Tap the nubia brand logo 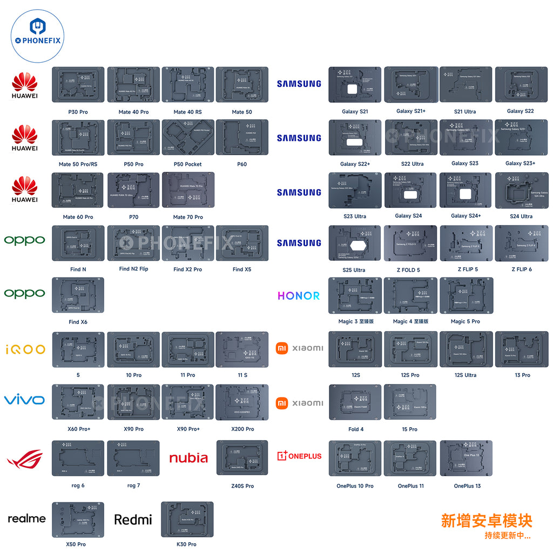tap(188, 458)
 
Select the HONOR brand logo tap(299, 296)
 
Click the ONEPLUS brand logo tap(299, 456)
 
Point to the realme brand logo tap(26, 518)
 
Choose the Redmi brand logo tap(133, 520)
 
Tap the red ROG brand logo tap(24, 459)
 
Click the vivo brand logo tap(24, 400)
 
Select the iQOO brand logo tap(25, 349)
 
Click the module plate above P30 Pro tap(78, 85)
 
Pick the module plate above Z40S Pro tap(242, 458)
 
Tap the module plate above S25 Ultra tap(355, 244)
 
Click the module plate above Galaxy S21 tap(355, 85)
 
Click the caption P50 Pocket tap(187, 164)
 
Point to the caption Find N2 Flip tap(133, 269)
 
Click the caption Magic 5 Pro tap(465, 321)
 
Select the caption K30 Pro tap(186, 544)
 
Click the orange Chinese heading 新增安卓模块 tap(487, 521)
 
